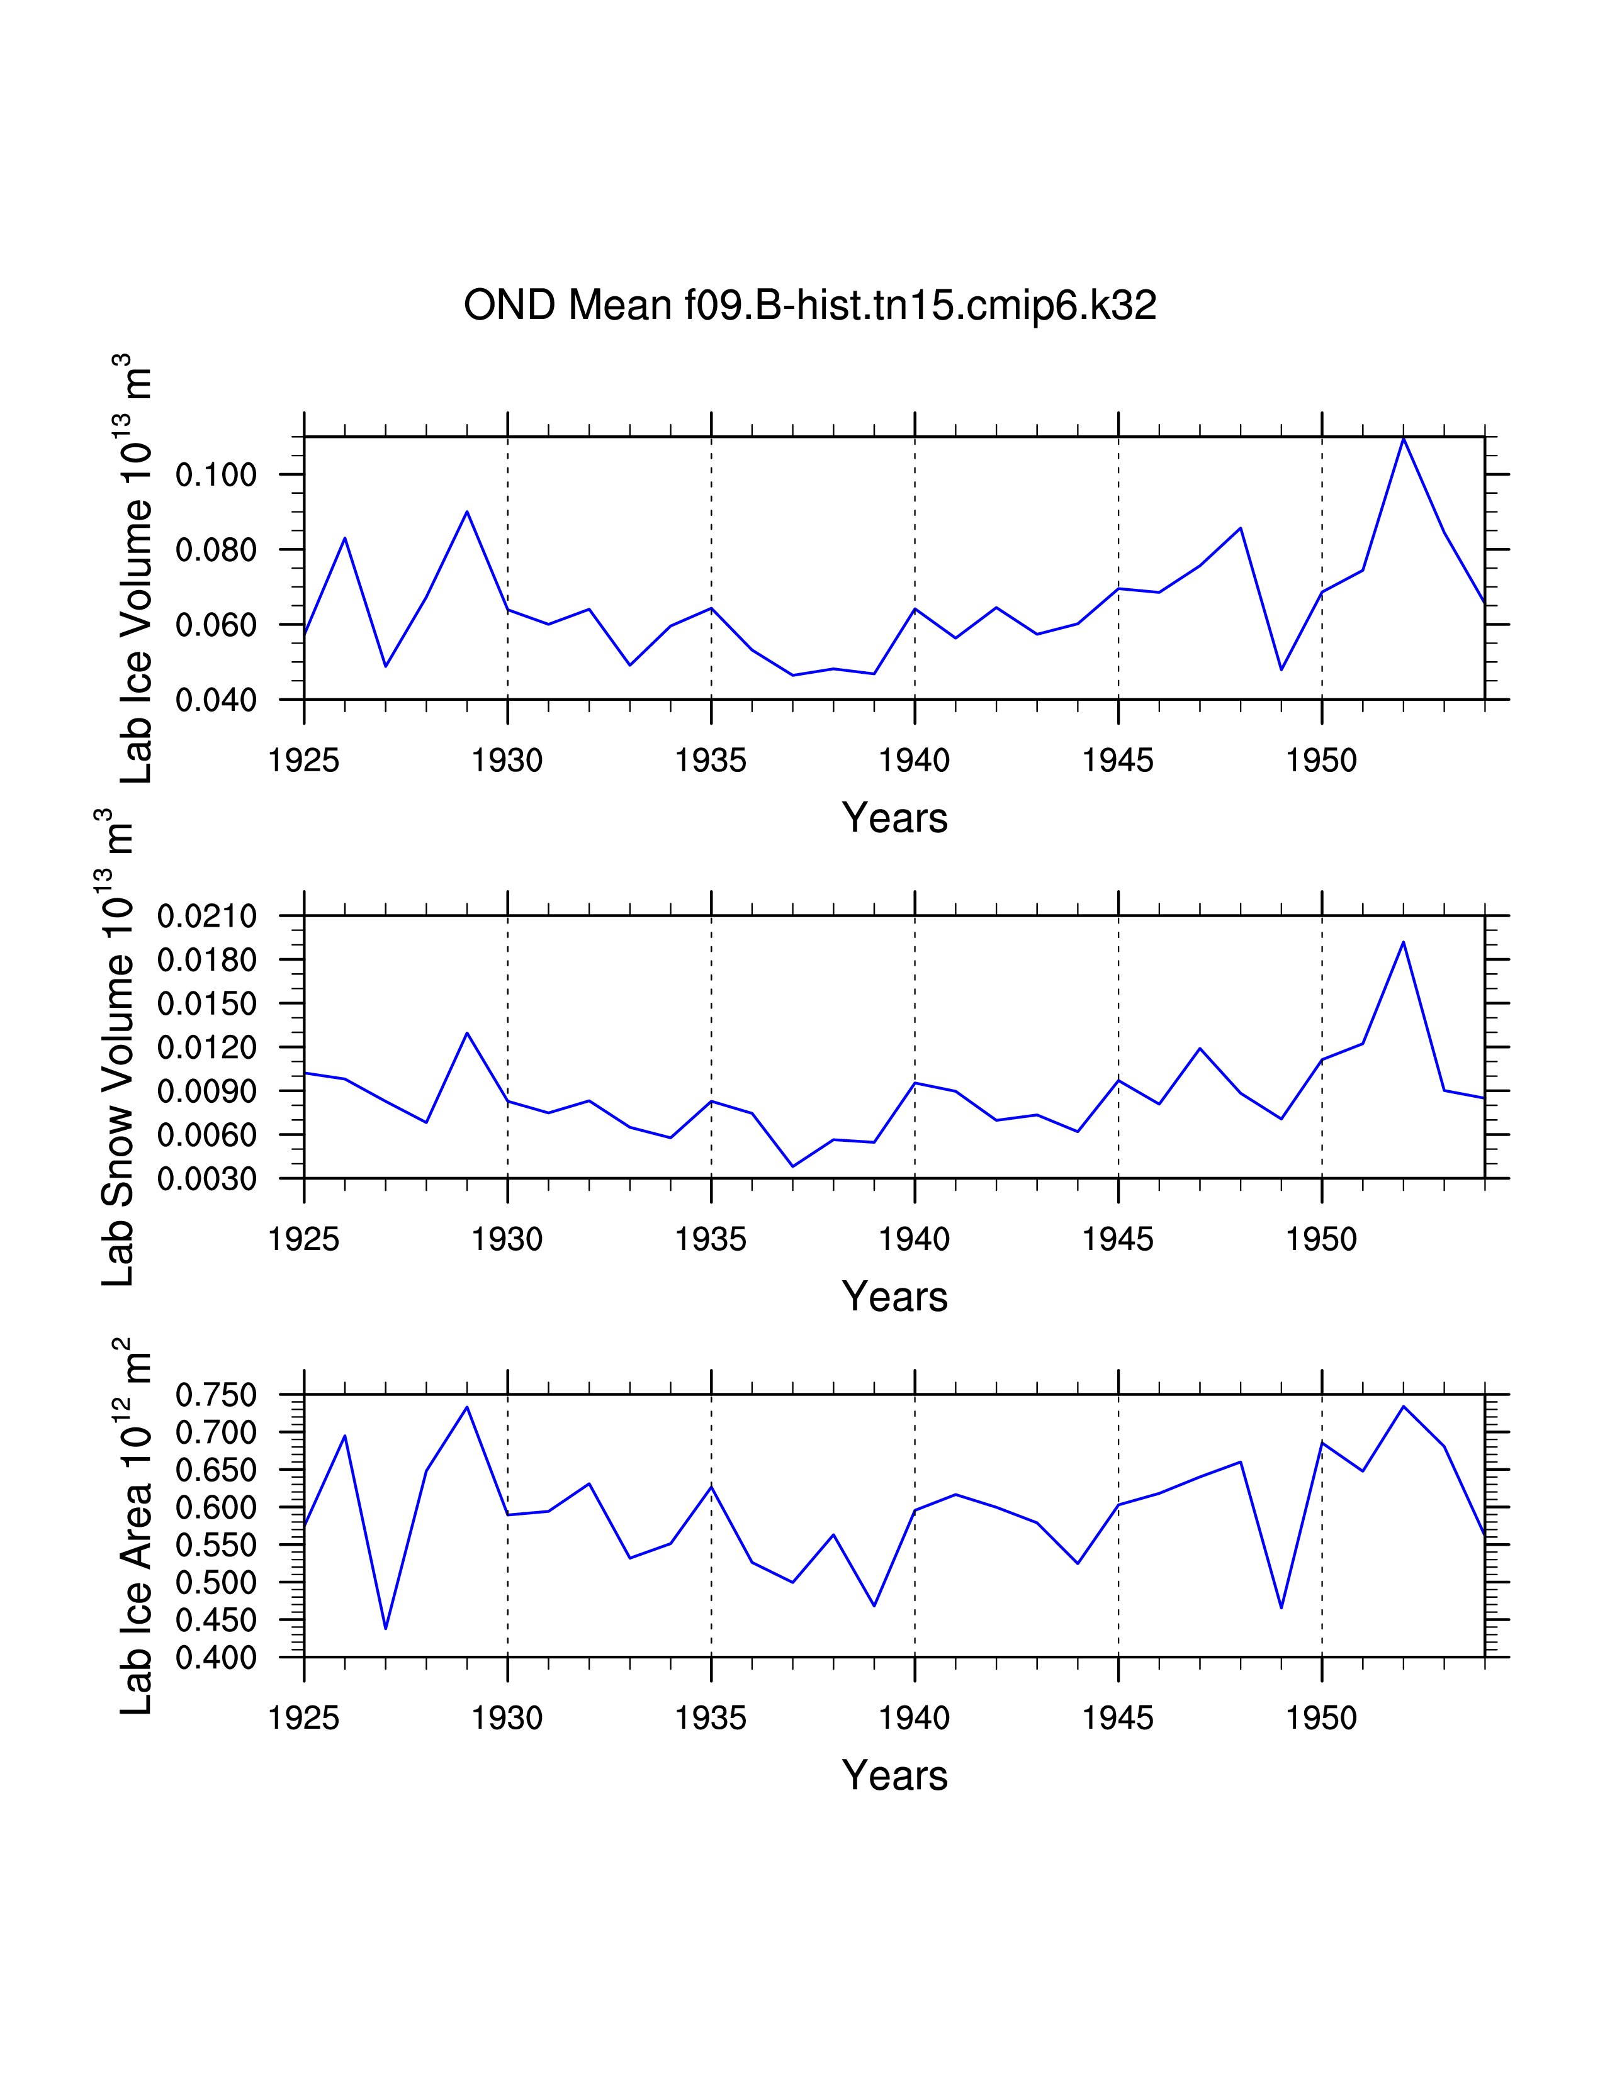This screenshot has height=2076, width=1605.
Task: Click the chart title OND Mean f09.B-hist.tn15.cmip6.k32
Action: (809, 305)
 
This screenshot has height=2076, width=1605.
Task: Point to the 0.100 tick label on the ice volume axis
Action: (216, 474)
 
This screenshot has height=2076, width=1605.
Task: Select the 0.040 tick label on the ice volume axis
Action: (216, 701)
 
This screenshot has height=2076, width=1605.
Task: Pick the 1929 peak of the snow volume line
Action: (467, 1032)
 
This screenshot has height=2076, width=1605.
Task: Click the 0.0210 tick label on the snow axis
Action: (206, 917)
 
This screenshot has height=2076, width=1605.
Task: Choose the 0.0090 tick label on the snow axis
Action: (206, 1091)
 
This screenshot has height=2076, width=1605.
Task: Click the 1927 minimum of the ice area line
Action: (385, 1628)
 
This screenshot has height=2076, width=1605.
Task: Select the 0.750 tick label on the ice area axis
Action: (216, 1395)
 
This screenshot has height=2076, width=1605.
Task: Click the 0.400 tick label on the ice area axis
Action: (216, 1658)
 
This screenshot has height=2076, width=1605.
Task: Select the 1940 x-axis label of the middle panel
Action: (914, 1239)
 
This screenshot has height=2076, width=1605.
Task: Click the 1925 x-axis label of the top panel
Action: (303, 761)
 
